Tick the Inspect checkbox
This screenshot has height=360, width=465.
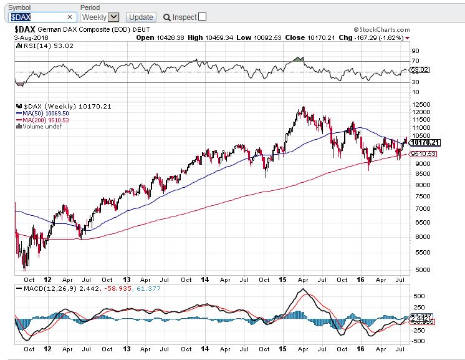click(x=202, y=17)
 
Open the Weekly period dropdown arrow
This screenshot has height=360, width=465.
click(x=113, y=17)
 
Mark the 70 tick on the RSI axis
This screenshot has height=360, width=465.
click(x=415, y=61)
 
